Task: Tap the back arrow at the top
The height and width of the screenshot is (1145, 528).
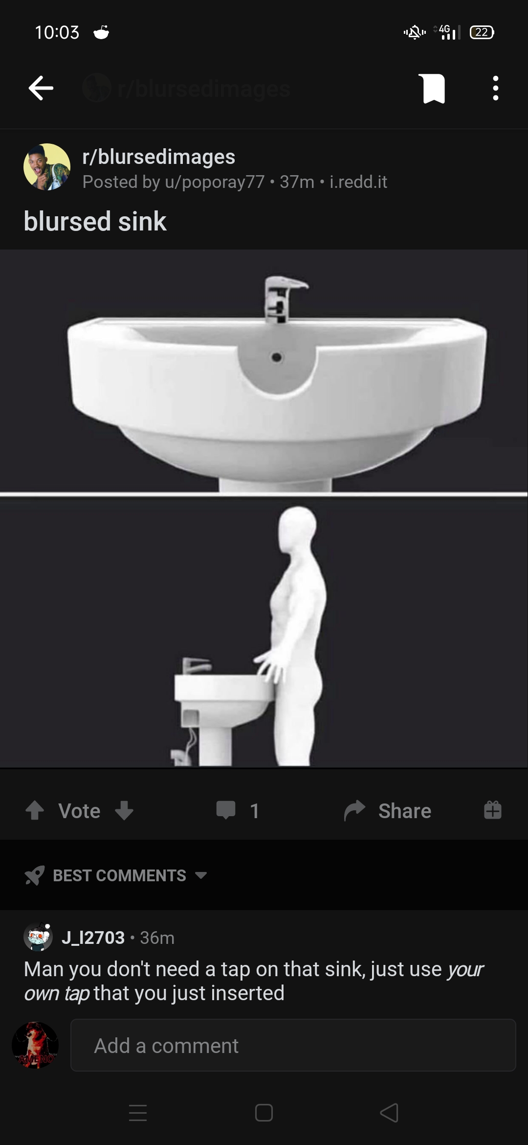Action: coord(41,88)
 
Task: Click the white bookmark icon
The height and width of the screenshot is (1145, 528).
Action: coord(432,89)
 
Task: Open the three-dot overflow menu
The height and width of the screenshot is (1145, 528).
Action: coord(496,88)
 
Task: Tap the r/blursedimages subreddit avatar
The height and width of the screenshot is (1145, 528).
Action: coord(47,167)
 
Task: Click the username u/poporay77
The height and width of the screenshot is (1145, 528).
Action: coord(215,182)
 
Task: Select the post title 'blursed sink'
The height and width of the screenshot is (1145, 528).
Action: coord(95,221)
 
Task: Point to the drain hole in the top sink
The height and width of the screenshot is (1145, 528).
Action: coord(277,358)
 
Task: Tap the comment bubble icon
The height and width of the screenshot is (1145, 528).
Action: coord(226,810)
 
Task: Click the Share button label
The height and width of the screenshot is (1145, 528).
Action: coord(404,811)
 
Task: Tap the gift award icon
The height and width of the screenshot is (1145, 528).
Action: coord(492,810)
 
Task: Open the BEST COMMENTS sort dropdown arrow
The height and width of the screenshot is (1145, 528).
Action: coord(201,875)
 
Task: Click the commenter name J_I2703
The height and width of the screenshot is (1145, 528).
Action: coord(93,938)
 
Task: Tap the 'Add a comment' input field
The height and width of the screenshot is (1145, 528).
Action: coord(293,1046)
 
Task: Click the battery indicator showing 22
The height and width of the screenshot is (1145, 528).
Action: coord(482,32)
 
